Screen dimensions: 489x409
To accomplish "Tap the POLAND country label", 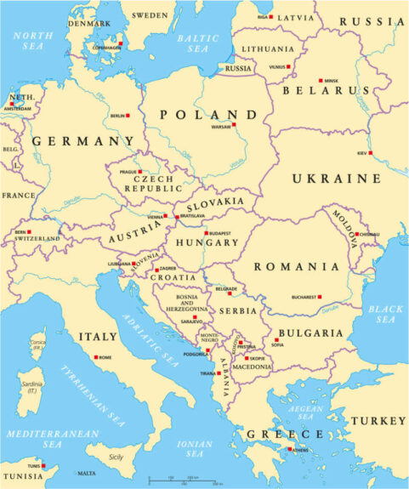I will pos(207,114).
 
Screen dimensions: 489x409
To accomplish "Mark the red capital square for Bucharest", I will pos(319,297).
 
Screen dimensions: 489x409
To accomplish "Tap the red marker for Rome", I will pos(96,357).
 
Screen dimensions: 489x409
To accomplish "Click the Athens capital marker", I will pos(290,449).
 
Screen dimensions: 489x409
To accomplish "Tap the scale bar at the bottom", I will pos(184,480).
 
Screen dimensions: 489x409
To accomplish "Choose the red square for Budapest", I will pos(206,232).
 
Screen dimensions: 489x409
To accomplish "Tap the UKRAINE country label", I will pos(337,179).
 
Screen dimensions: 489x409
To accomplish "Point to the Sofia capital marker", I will pos(276,339).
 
